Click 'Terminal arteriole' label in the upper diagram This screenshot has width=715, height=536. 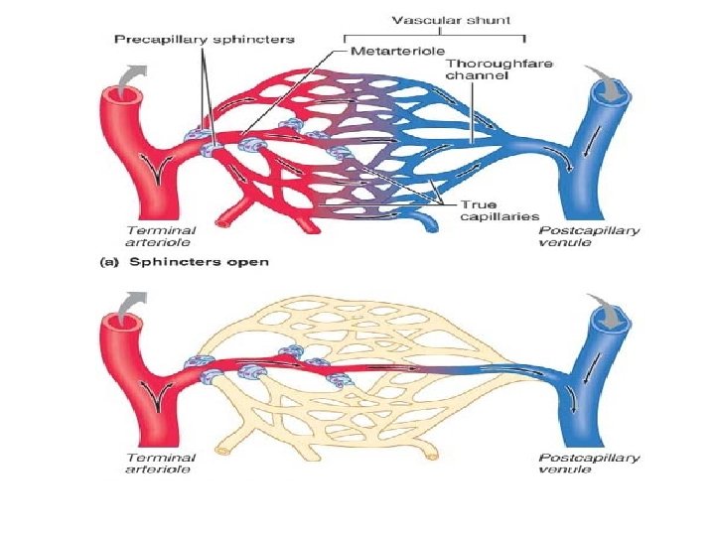pos(160,235)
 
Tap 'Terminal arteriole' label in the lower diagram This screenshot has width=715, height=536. pos(160,463)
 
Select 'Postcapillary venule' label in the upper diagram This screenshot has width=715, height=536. pos(590,235)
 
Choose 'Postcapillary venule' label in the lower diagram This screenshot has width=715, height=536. pos(590,463)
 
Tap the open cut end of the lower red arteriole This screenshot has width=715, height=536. pos(121,323)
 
